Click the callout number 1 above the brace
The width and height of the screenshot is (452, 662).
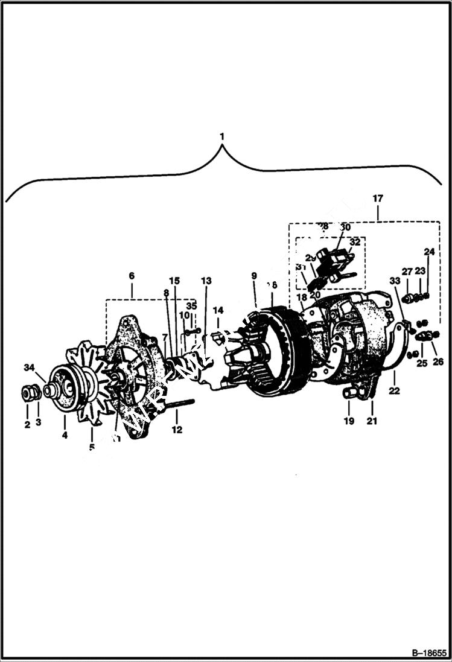(222, 136)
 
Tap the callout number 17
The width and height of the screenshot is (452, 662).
(378, 198)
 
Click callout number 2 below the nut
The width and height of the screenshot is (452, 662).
(27, 425)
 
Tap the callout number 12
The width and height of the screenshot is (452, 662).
(176, 430)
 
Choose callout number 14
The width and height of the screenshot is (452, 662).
(218, 310)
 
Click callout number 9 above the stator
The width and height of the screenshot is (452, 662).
(254, 276)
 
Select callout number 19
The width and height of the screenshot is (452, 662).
(349, 421)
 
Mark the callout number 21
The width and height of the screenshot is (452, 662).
(372, 421)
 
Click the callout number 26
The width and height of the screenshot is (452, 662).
(438, 362)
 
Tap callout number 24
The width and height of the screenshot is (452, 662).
(428, 252)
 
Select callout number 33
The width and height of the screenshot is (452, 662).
(394, 281)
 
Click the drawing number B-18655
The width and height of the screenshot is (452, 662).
(429, 653)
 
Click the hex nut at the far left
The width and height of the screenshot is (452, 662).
(28, 393)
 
